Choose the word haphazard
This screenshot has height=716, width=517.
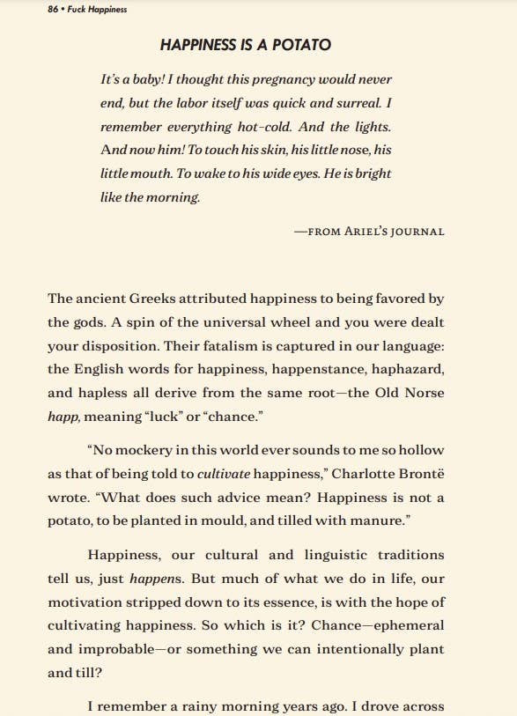pos(405,368)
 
